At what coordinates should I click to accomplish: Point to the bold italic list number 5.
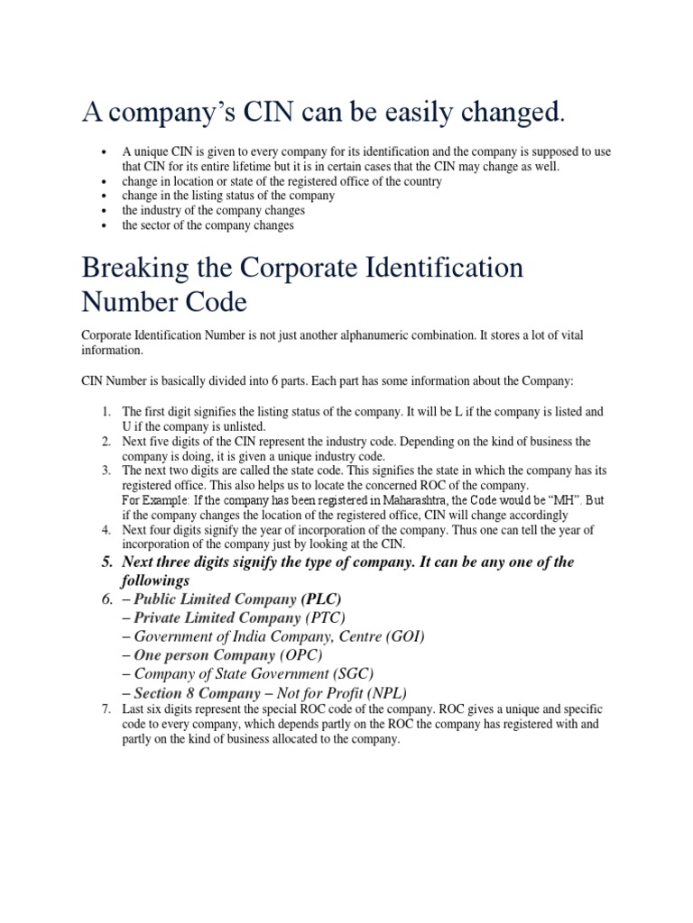pos(105,562)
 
